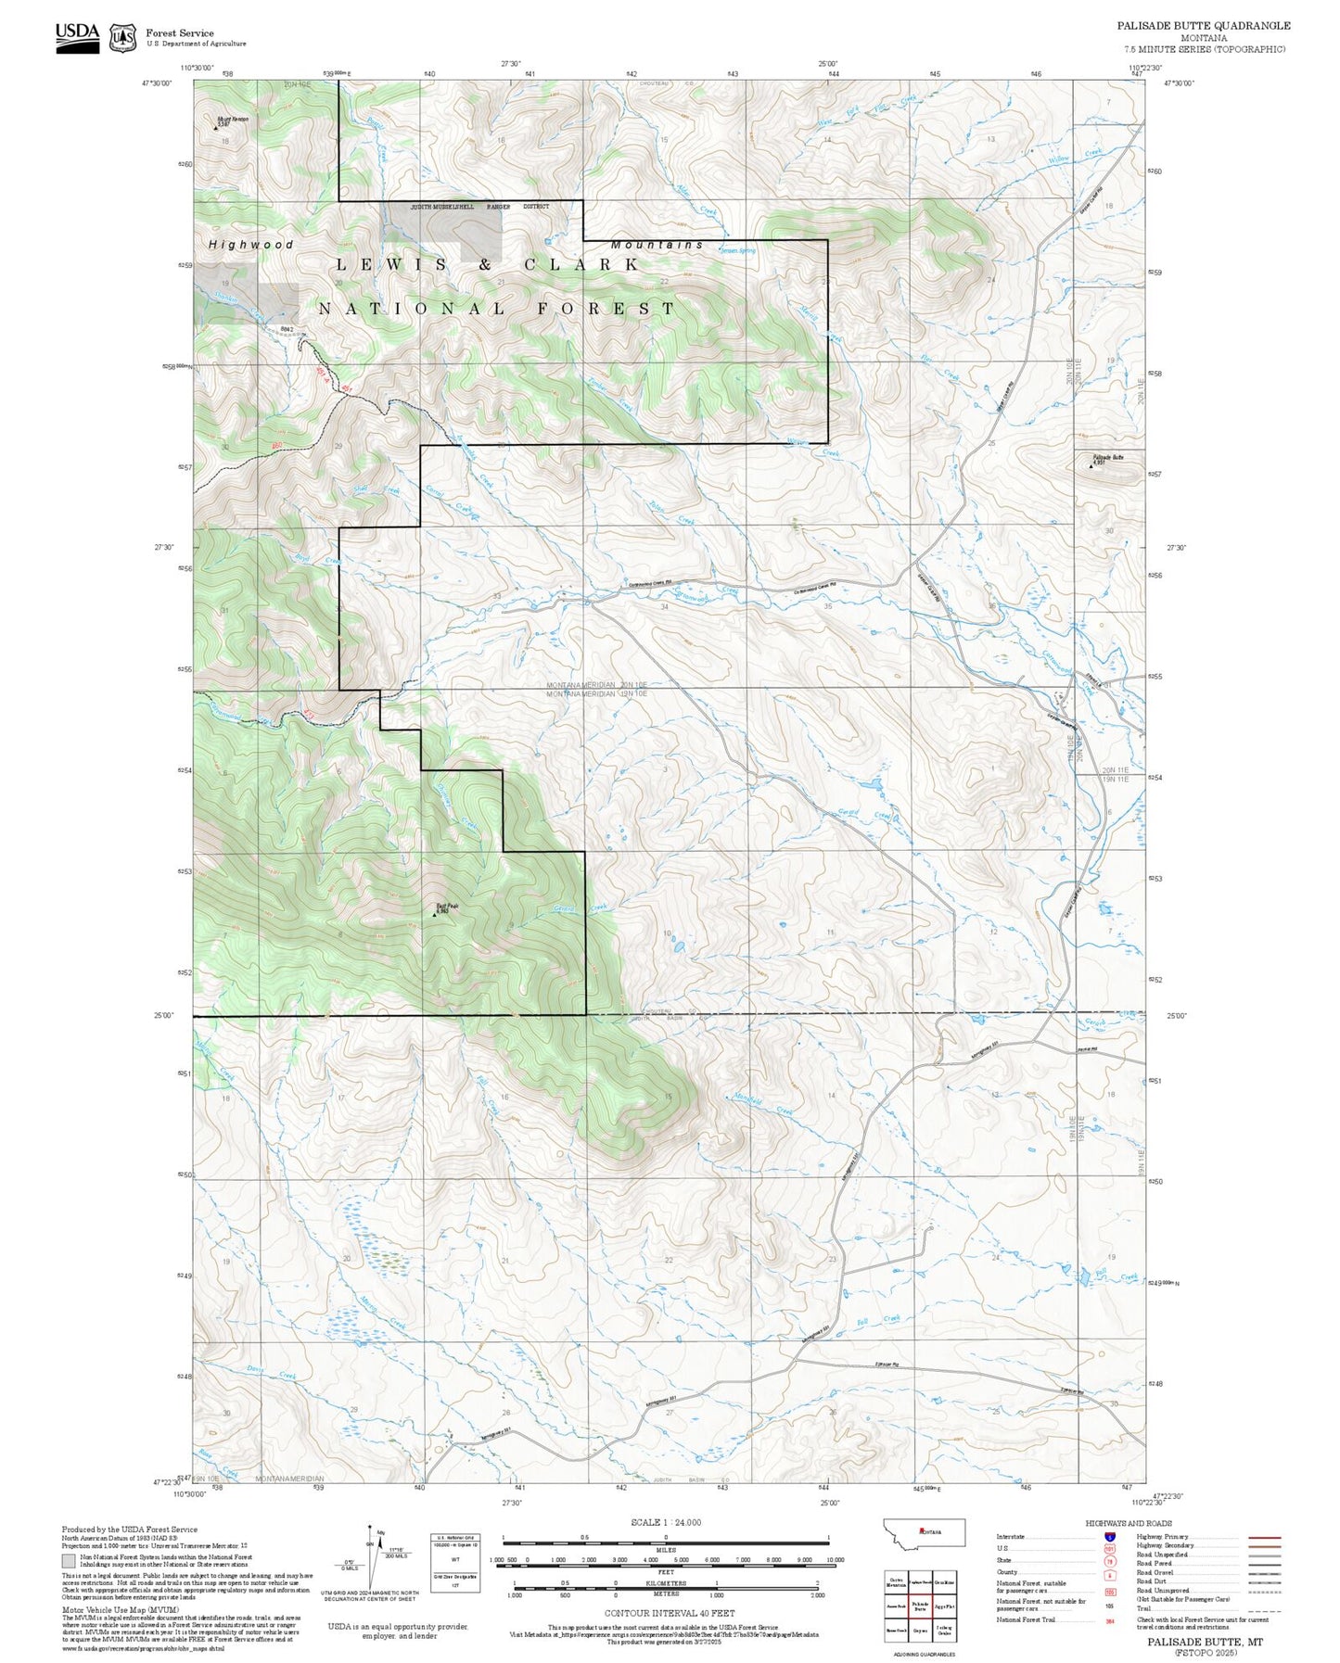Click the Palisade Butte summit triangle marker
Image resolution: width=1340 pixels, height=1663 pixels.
click(x=1090, y=465)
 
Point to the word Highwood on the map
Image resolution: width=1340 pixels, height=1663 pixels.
click(x=250, y=245)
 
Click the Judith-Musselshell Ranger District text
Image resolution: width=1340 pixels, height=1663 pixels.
click(x=480, y=207)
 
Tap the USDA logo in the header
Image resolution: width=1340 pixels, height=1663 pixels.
click(x=77, y=36)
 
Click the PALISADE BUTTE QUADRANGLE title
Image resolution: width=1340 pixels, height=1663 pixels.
click(x=1203, y=26)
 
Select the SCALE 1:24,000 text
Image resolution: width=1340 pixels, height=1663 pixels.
click(x=666, y=1522)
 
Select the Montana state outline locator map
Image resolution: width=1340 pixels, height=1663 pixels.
click(x=924, y=1532)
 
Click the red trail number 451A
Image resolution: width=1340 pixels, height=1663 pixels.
click(x=322, y=374)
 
